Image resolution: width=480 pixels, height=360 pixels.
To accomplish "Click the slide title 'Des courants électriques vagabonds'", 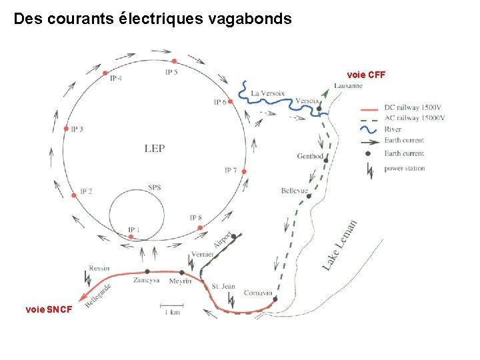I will (x=153, y=19).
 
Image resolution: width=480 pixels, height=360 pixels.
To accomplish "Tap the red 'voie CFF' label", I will (x=367, y=74).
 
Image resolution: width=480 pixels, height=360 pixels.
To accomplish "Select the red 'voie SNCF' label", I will (x=49, y=309).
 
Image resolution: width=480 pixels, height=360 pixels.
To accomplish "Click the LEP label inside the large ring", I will (x=154, y=148).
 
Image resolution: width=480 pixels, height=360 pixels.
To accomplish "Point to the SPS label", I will (x=154, y=187).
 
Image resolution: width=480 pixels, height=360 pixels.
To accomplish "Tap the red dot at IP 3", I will (x=65, y=129).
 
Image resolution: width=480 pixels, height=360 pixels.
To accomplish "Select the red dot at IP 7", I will (x=244, y=171).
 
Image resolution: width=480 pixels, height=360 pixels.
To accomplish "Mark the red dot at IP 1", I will (x=131, y=237).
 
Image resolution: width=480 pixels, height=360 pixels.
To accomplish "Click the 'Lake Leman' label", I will (x=340, y=245).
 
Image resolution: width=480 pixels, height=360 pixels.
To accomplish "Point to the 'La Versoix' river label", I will (x=268, y=94).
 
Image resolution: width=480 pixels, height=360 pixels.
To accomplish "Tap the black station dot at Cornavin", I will (x=275, y=299).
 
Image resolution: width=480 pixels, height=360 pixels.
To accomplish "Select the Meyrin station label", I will (x=180, y=281).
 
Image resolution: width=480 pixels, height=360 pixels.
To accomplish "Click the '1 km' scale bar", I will (x=172, y=309).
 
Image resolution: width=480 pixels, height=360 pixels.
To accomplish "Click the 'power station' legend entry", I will (x=404, y=169).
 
